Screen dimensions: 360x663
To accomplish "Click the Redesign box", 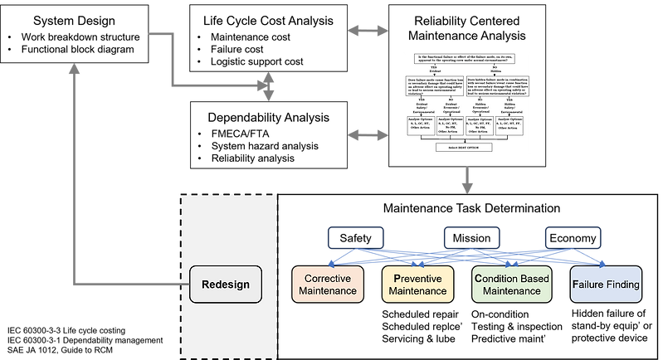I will (x=226, y=285).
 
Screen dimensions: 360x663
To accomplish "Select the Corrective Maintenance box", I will (x=328, y=285).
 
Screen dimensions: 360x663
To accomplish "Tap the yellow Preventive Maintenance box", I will (x=418, y=285).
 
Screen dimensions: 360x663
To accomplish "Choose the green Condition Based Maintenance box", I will (x=511, y=285).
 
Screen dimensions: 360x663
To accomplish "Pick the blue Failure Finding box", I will (x=606, y=285).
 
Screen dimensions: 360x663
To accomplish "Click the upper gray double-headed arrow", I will (x=367, y=31).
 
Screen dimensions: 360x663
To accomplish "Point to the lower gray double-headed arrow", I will (x=367, y=134).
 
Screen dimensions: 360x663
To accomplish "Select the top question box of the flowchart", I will (x=466, y=59).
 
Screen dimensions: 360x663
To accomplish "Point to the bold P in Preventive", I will (x=397, y=278).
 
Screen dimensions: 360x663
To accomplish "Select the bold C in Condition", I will (x=477, y=278).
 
